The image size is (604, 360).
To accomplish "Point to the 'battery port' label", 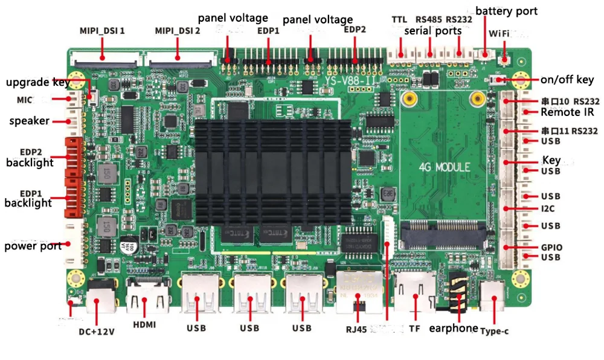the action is (506, 11).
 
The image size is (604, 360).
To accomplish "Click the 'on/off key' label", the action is (567, 80).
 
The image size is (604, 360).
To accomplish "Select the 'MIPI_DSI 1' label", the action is (102, 30).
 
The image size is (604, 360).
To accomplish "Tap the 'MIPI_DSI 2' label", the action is (178, 30).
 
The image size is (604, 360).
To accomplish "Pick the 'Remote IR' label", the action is (567, 112).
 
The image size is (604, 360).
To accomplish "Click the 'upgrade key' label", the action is (37, 82).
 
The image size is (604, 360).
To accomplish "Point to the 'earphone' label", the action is (453, 329).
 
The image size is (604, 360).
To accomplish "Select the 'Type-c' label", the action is (495, 330).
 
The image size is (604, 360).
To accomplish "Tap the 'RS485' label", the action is (429, 19).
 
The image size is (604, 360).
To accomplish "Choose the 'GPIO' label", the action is (551, 247).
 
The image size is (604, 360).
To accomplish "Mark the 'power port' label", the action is (33, 246).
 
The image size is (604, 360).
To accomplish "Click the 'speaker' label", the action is (29, 121).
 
